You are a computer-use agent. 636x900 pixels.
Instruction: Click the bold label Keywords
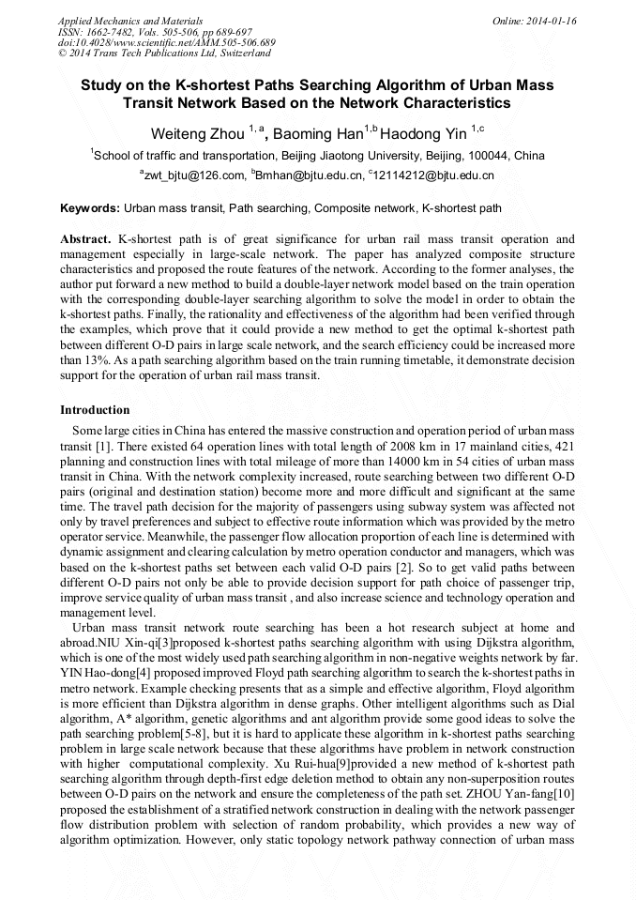click(x=89, y=207)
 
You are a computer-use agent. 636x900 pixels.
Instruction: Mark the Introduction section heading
click(x=95, y=410)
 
